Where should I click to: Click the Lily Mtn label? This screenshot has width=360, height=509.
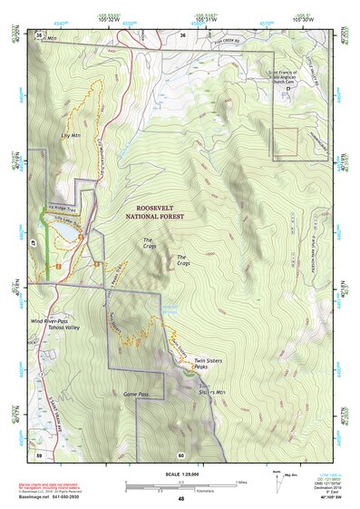tap(64, 135)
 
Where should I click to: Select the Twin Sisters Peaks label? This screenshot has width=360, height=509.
tap(207, 364)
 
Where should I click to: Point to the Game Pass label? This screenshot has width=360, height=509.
tap(136, 395)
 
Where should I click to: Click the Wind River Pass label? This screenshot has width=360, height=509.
tap(50, 321)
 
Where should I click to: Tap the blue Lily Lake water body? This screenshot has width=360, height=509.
tap(63, 235)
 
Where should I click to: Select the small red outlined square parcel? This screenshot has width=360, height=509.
tap(286, 140)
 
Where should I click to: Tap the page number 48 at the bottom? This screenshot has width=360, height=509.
tap(180, 499)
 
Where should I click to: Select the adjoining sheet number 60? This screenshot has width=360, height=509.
tap(181, 454)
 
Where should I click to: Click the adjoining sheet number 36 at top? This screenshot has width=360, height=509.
tap(182, 34)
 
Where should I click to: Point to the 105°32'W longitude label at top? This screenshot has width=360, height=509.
tap(129, 15)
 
